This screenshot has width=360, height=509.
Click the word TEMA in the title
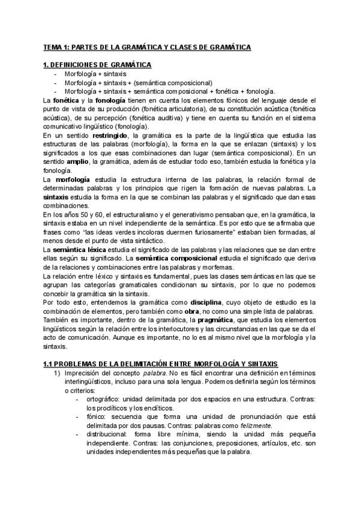52,47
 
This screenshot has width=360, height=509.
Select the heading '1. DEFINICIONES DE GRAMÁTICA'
97,65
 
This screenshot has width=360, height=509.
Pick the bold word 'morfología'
73,179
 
